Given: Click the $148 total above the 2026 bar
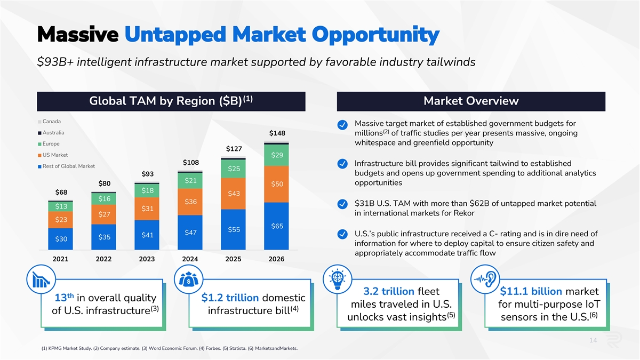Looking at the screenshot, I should tap(277, 133).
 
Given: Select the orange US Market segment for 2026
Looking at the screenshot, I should tap(277, 184).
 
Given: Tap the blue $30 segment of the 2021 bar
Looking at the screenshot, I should tap(61, 239).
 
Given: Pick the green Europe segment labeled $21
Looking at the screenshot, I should tap(190, 181).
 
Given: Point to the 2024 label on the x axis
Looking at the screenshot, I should tap(190, 259).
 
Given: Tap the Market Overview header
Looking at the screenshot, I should tap(470, 101).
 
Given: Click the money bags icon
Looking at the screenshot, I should tap(188, 279).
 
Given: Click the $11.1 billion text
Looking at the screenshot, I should tap(531, 291).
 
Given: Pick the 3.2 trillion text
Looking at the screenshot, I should tap(388, 291).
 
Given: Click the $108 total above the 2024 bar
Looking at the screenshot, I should tap(190, 162).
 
